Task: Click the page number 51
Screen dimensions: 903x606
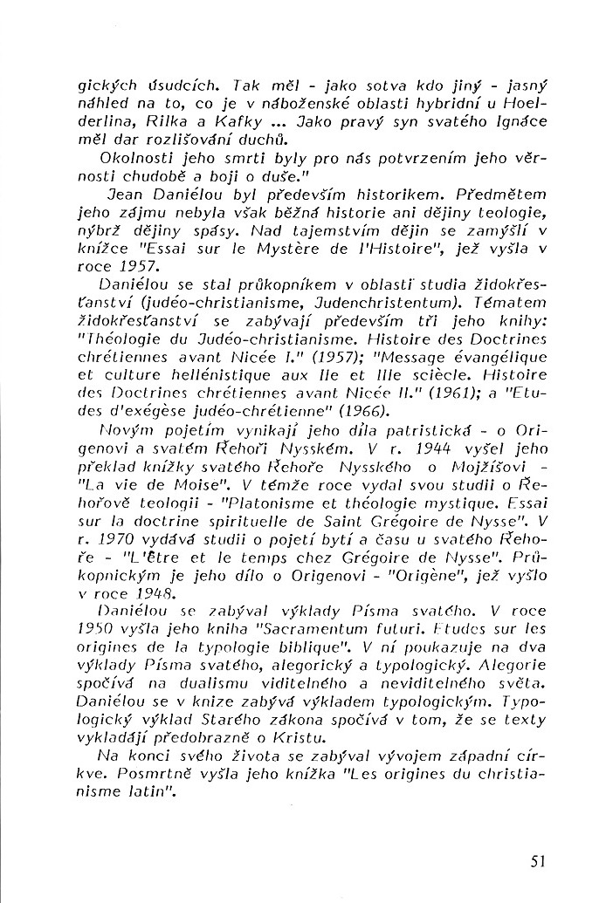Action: pos(536,860)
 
